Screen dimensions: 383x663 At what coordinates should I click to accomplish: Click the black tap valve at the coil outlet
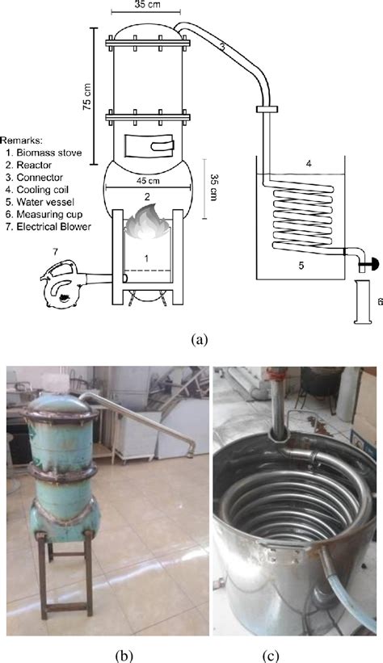pos(373,265)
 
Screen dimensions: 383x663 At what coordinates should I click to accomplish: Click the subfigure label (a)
pos(200,339)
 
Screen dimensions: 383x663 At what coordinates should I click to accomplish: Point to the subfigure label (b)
pos(124,656)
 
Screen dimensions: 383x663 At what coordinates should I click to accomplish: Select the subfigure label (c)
pos(271,656)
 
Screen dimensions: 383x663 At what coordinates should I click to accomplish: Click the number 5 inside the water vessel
pos(301,266)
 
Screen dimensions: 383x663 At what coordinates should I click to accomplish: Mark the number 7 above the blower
pos(55,253)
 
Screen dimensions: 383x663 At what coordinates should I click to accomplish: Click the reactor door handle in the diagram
pos(163,146)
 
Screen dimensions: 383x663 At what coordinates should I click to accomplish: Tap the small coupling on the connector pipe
pos(267,110)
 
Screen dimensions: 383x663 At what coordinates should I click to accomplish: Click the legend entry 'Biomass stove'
pos(44,153)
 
